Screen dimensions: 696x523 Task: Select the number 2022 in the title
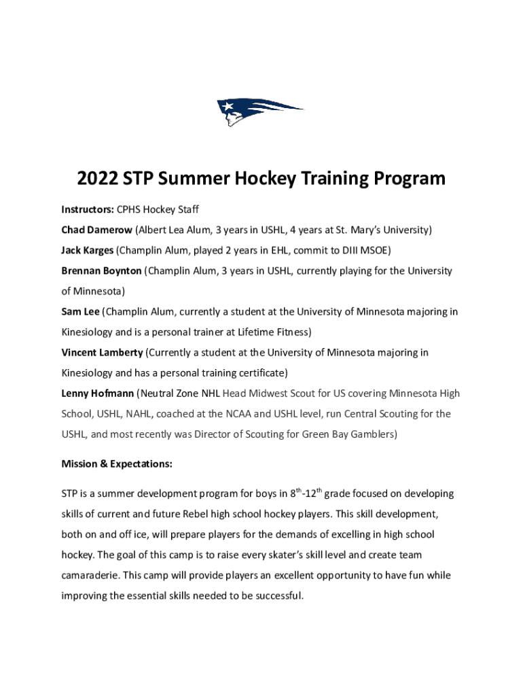pos(97,179)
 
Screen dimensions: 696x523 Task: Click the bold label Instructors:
pos(88,209)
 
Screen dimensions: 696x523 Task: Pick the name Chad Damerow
pos(96,230)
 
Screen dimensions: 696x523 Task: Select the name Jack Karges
pos(88,250)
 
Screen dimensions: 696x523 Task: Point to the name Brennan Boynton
pos(101,271)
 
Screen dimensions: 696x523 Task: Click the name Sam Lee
pos(80,311)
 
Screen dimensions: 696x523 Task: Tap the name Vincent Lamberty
pos(102,352)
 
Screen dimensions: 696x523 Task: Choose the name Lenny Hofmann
pos(97,393)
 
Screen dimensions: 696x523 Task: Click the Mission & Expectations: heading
pos(117,464)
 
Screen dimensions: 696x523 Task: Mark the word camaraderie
pos(90,575)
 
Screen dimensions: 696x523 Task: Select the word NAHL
pos(145,413)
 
